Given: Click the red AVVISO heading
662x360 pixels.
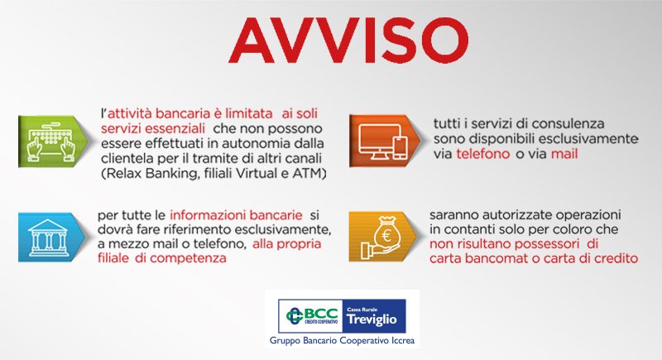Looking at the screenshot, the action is (x=348, y=41).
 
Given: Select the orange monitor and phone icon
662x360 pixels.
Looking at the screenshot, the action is (x=383, y=141).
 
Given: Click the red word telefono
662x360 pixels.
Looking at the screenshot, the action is (x=483, y=154).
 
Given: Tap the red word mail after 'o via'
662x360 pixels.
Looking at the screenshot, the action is (x=564, y=154).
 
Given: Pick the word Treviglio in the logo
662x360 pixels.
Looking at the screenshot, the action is (x=372, y=319).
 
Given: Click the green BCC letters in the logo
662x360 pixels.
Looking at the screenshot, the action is (x=320, y=314).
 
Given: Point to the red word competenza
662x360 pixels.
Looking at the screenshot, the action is (x=188, y=258).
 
